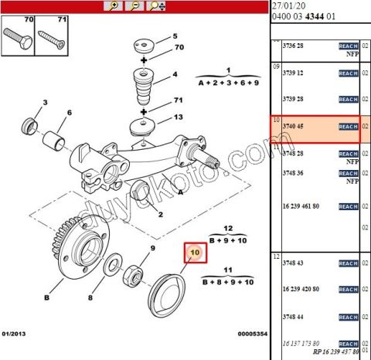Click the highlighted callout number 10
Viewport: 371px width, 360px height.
pos(194,252)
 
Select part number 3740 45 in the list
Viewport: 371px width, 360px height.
pos(292,126)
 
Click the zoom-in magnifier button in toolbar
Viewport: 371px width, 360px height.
pos(114,5)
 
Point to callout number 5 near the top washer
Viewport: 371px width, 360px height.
pos(175,36)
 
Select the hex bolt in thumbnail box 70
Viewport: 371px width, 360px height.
pos(17,35)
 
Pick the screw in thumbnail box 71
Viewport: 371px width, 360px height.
pos(51,35)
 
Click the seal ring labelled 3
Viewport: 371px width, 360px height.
pos(33,123)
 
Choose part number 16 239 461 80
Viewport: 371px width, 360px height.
pos(303,207)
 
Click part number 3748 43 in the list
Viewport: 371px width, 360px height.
pos(292,262)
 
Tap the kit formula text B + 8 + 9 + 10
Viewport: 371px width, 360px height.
pos(228,283)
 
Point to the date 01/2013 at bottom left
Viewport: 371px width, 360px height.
pos(15,334)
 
